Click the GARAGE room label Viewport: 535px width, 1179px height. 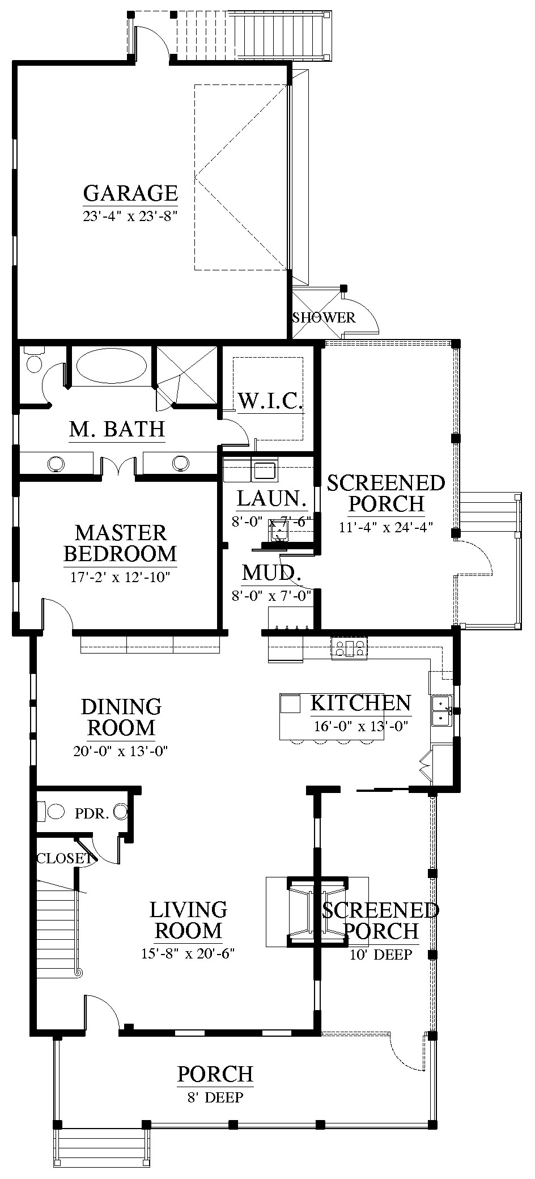coord(130,193)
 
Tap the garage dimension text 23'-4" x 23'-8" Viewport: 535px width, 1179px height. coord(131,216)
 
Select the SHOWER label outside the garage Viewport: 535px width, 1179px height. coord(324,317)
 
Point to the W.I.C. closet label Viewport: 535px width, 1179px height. coord(270,401)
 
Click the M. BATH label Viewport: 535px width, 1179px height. coord(117,429)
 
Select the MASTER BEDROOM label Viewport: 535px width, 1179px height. coord(120,543)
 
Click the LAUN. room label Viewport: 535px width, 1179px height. coord(272,499)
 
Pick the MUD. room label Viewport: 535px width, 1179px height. coord(271,573)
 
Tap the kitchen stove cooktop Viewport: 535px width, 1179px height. coord(349,647)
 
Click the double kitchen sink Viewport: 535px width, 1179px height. coord(440,711)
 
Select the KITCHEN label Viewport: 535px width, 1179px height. coord(360,703)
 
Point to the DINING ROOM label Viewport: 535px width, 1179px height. coord(121,717)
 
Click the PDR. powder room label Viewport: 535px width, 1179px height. coord(92,814)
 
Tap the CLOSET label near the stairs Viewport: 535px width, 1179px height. coord(63,858)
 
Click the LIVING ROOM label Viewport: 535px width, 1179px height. coord(188,920)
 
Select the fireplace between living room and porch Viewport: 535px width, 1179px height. coord(317,912)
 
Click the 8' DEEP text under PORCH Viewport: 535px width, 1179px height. coord(215,1098)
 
